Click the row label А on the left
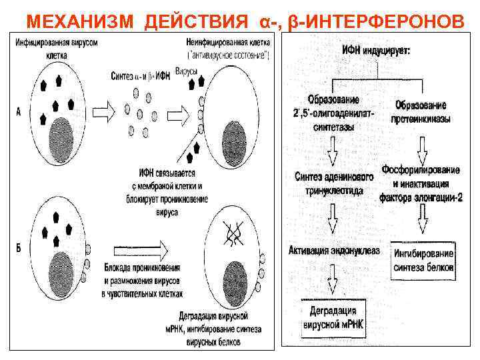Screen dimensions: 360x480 coord(19,113)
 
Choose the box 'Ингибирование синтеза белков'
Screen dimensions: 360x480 coord(423,261)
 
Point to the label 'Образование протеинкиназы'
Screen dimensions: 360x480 coord(421,112)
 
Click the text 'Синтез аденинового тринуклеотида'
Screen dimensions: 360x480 coord(328,183)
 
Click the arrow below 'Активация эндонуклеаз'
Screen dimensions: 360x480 coord(332,278)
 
